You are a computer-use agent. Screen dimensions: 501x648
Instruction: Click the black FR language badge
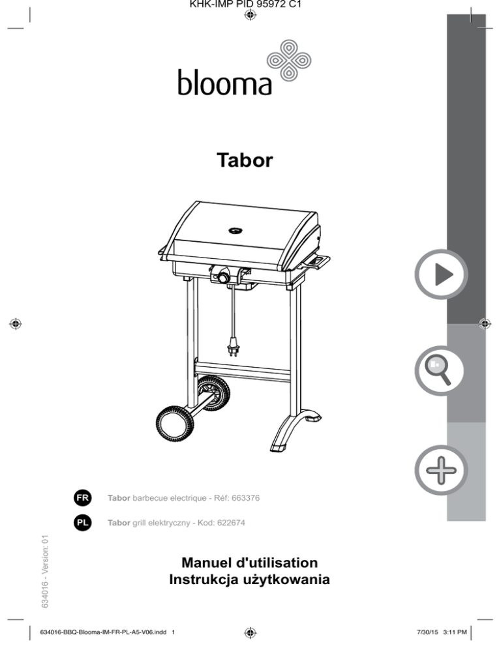coord(82,497)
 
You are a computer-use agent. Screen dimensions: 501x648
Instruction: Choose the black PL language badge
coord(82,522)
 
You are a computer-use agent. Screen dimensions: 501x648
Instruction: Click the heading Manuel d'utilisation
coord(250,561)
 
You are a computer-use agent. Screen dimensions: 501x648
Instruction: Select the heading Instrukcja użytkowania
coord(250,579)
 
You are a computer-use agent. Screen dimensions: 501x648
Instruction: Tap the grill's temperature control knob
coord(222,278)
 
